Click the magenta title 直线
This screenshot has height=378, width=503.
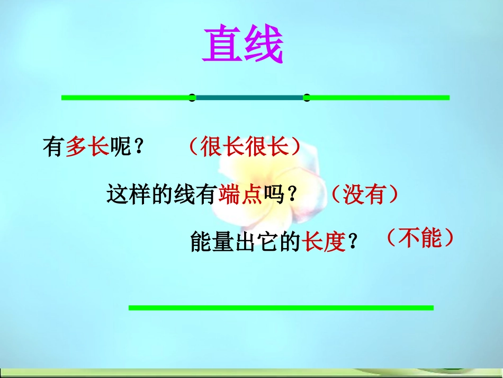coord(243,46)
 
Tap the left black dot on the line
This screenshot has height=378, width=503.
coord(192,97)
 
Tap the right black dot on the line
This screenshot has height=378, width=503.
coord(307,97)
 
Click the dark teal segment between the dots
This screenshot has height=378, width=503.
coord(249,97)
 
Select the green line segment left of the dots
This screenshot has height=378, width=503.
coord(125,97)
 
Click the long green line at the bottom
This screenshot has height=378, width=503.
coord(281,307)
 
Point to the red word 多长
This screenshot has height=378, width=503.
coord(87,147)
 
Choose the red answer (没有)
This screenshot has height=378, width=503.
coord(364,195)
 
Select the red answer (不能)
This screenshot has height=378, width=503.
coord(420,239)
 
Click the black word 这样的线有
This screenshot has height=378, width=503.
coord(161,195)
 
